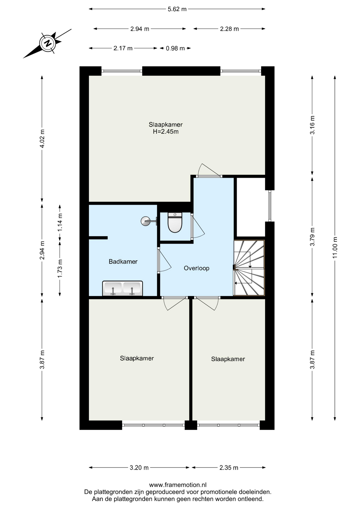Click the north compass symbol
48,43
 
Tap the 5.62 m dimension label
177,9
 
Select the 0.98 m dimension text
175,49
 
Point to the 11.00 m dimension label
335,248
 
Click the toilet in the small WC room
175,222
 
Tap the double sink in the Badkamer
122,288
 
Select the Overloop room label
196,268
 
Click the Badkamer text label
123,262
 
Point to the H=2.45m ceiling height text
166,132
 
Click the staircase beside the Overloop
249,268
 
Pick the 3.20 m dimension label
139,468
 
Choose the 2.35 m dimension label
229,468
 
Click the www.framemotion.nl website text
178,485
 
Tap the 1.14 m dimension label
60,222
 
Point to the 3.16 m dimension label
312,125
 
